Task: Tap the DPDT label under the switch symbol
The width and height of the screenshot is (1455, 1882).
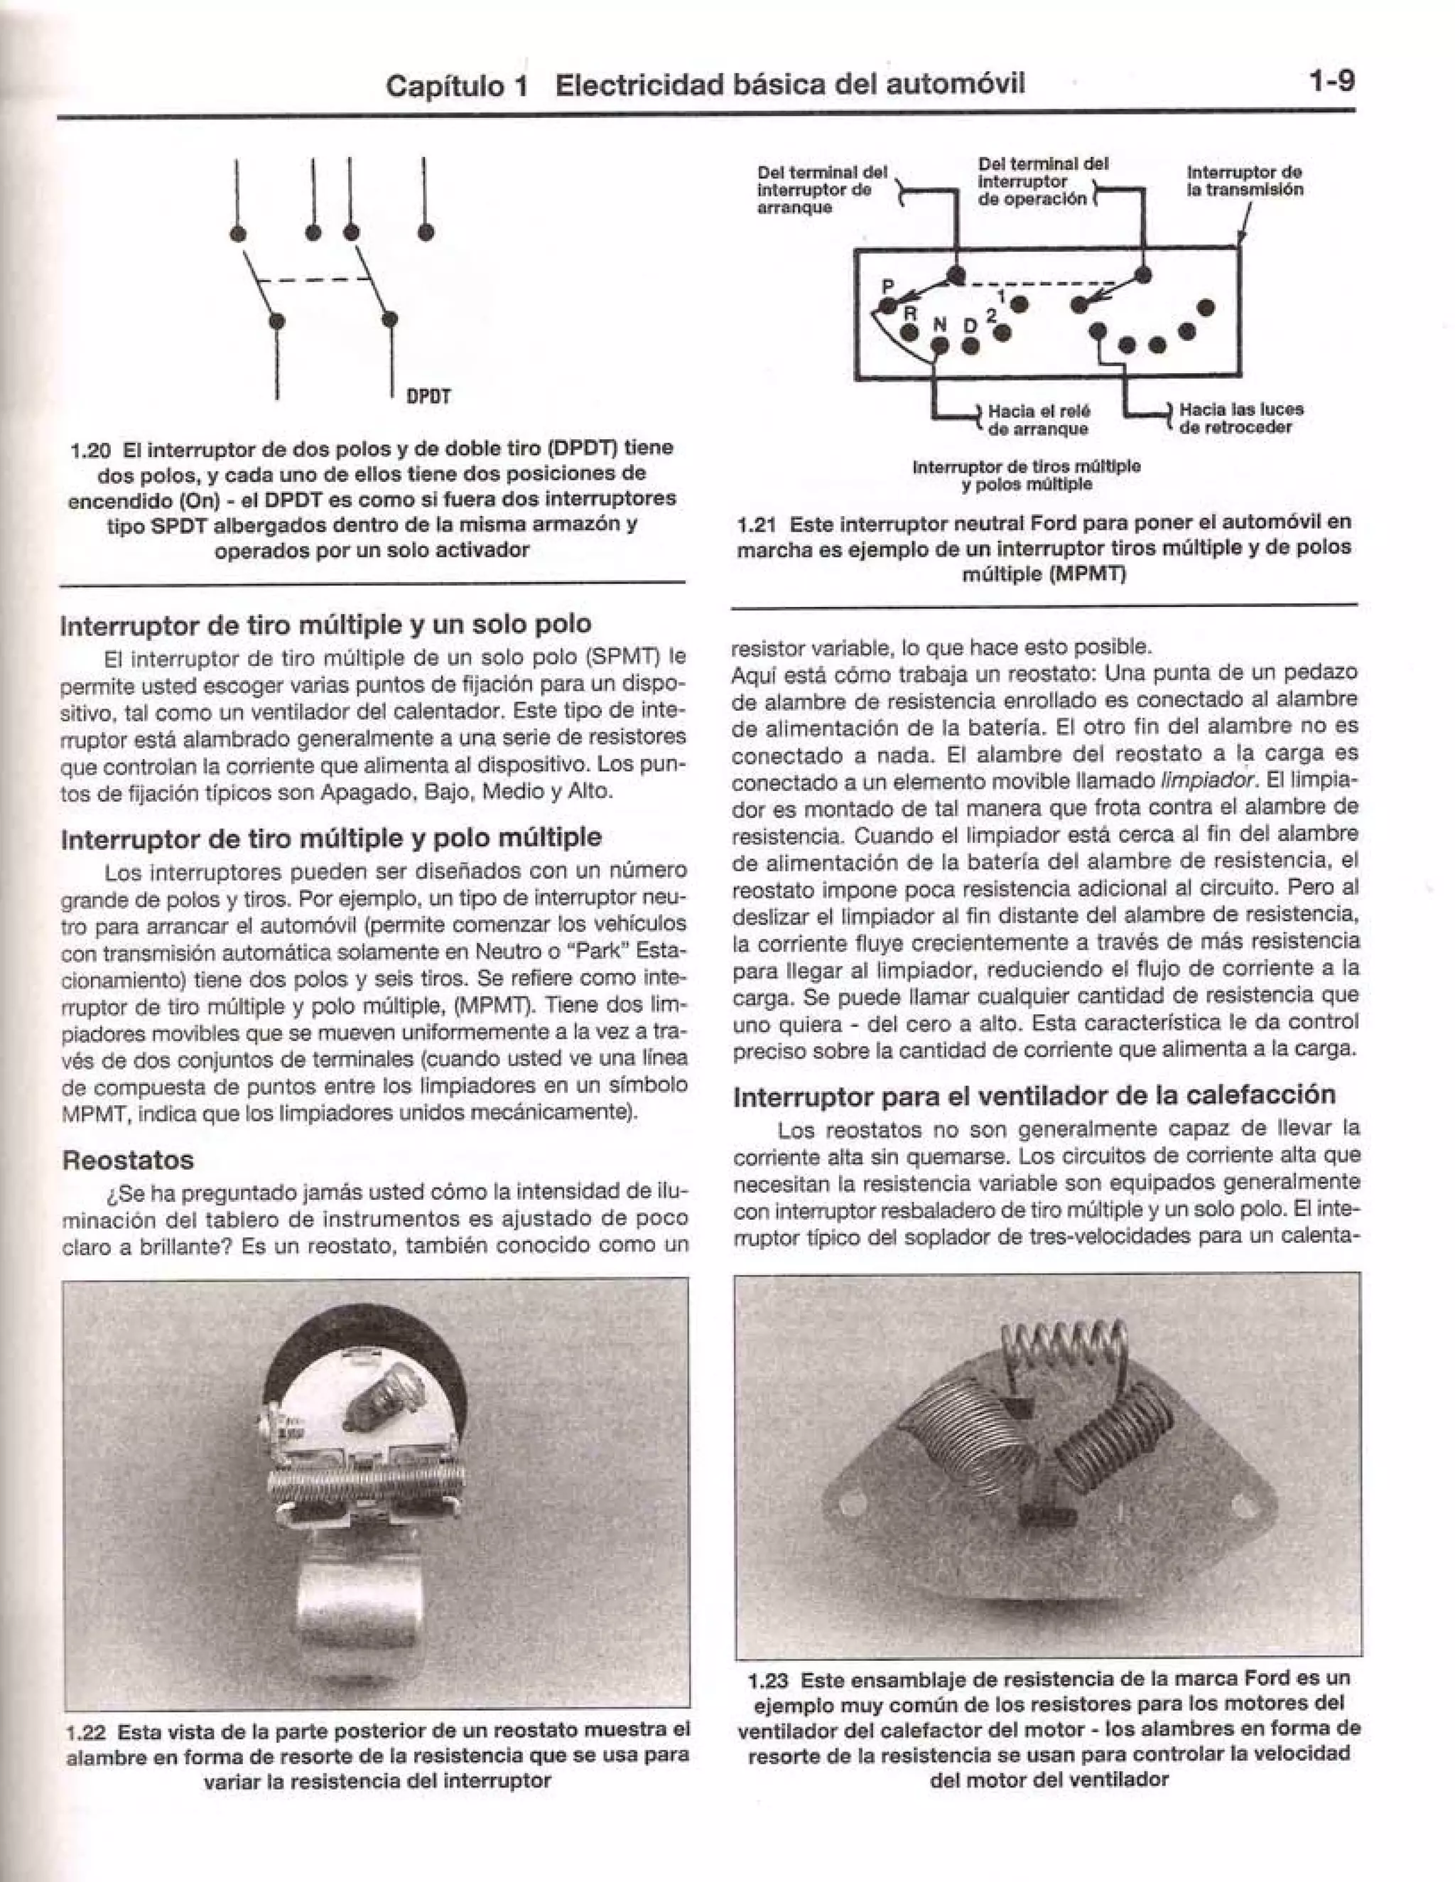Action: [428, 397]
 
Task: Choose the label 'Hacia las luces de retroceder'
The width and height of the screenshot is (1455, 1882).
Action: [1240, 418]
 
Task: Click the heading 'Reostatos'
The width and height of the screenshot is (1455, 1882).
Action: [127, 1160]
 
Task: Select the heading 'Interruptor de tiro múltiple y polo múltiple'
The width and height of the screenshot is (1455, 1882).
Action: [332, 838]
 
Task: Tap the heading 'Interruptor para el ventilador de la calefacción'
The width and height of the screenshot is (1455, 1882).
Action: [1034, 1095]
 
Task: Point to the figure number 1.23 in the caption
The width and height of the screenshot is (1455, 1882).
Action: [769, 1679]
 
